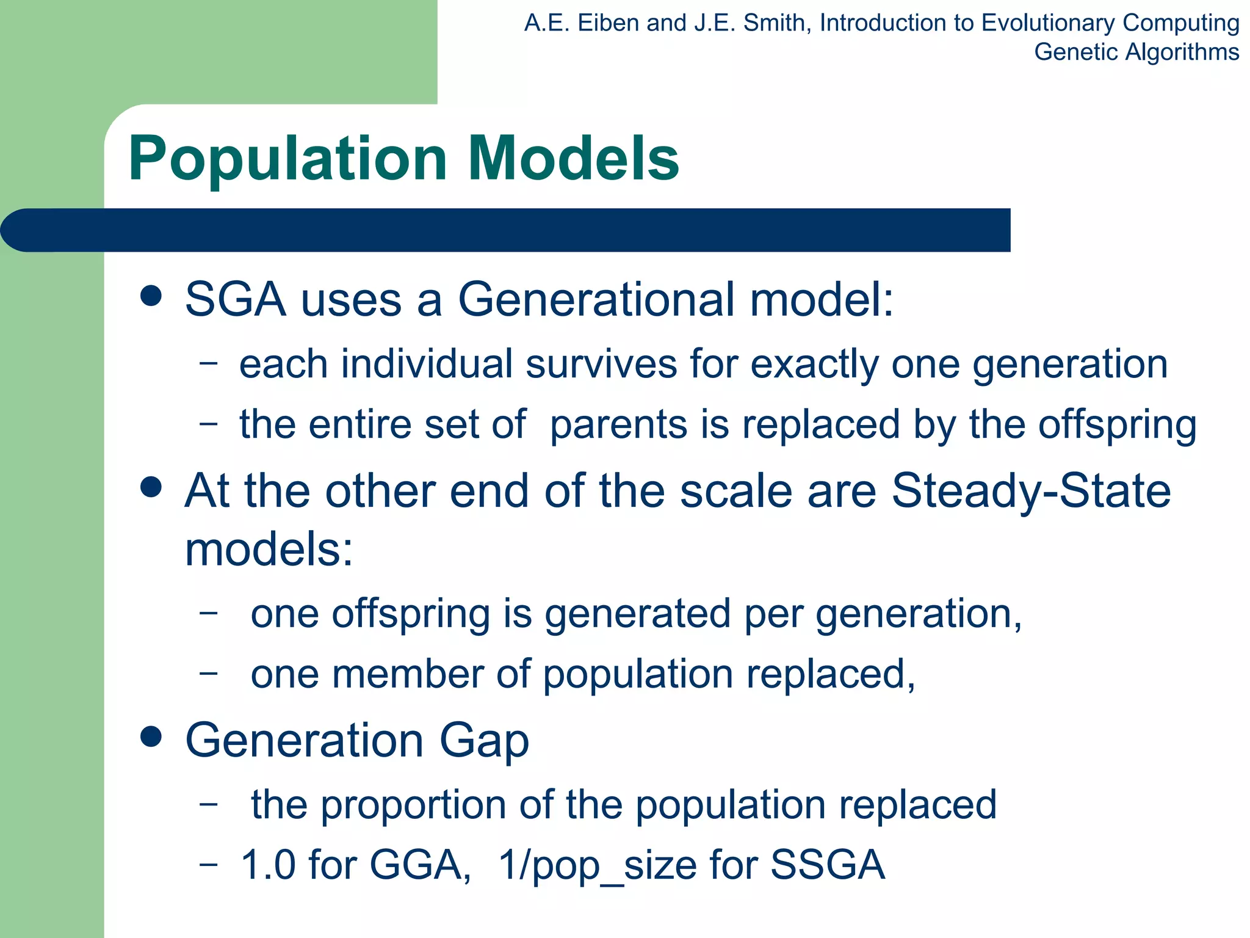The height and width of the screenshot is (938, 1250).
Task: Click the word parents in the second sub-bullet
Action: (618, 425)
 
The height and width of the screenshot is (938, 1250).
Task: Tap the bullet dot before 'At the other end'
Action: (151, 487)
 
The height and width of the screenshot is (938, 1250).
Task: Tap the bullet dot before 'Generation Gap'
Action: (151, 736)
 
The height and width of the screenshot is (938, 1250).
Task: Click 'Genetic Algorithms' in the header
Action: (1136, 52)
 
